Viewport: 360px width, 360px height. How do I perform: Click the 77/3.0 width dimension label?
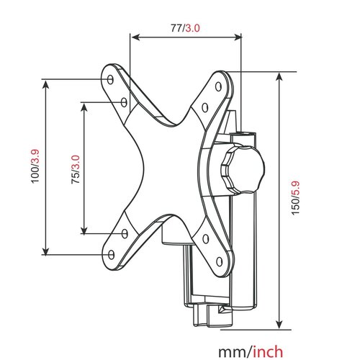pos(184,27)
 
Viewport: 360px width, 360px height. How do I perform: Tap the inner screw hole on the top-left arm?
pos(124,102)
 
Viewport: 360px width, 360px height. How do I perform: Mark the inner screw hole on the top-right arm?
pos(206,109)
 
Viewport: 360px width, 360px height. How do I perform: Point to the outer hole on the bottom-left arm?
pos(110,253)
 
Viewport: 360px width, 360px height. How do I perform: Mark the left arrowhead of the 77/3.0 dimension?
pos(133,38)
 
